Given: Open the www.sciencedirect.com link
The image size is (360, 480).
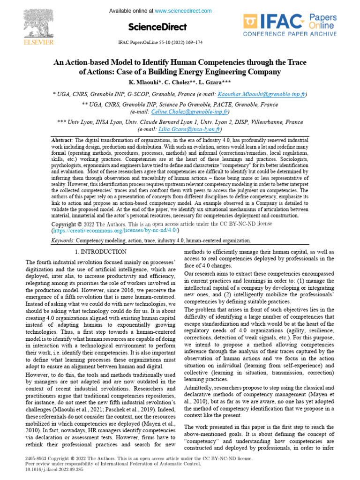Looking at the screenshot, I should point(183,11).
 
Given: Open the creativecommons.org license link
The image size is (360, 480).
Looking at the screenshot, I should point(115,231).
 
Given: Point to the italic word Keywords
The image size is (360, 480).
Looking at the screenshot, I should point(62,240).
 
